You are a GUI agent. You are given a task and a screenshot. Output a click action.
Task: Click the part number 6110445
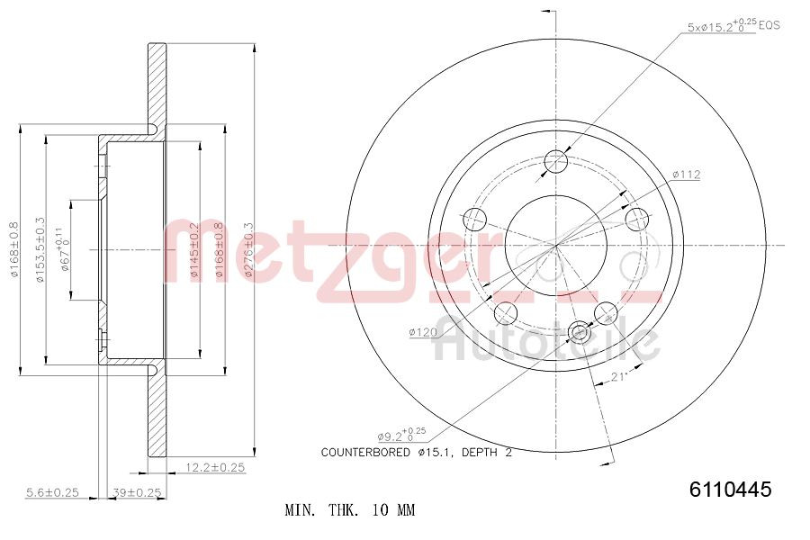coord(730,490)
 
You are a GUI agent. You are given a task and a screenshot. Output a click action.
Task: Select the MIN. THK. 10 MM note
coord(350,510)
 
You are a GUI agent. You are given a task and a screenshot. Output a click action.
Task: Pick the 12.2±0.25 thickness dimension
coord(215,467)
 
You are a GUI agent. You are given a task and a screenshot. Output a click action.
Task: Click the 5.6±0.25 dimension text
coord(52,492)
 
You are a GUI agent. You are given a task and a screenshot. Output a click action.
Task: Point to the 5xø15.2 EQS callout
coord(733,26)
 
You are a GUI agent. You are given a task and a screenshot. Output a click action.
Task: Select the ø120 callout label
coord(422,332)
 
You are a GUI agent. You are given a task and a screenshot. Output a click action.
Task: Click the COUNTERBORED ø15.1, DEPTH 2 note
coord(416,453)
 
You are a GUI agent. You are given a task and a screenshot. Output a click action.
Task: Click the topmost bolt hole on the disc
coord(557,162)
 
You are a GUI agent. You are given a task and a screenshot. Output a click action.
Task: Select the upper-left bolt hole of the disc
coord(473,219)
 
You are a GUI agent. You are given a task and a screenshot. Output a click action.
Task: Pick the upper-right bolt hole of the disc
coord(637,219)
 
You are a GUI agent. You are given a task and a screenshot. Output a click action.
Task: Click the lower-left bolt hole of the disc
coord(507,312)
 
